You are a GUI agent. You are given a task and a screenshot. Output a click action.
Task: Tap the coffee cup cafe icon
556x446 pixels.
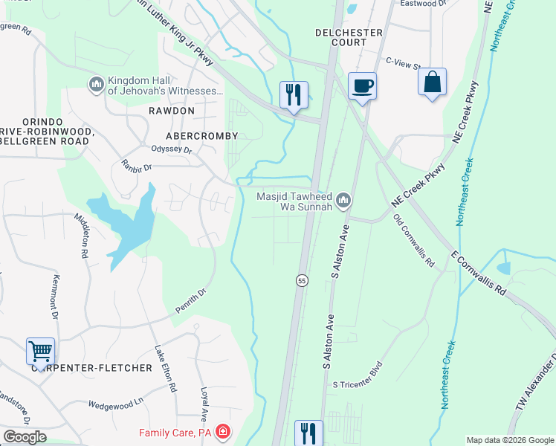362,86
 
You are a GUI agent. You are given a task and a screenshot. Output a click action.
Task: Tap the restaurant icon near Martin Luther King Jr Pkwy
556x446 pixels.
294,95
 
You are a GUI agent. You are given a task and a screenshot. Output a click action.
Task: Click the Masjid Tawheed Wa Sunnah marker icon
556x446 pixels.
343,200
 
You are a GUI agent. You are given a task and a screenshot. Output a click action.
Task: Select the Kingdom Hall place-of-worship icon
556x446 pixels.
96,84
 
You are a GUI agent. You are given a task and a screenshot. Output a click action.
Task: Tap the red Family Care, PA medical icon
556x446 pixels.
222,432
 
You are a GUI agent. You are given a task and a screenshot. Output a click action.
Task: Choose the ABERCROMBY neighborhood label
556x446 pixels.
201,136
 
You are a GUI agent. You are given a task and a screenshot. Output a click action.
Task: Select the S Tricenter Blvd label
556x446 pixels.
357,376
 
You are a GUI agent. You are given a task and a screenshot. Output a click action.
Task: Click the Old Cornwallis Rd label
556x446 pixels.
414,241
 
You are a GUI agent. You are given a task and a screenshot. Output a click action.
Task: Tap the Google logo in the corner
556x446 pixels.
25,437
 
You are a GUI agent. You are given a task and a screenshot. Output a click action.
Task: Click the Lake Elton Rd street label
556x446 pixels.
165,368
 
